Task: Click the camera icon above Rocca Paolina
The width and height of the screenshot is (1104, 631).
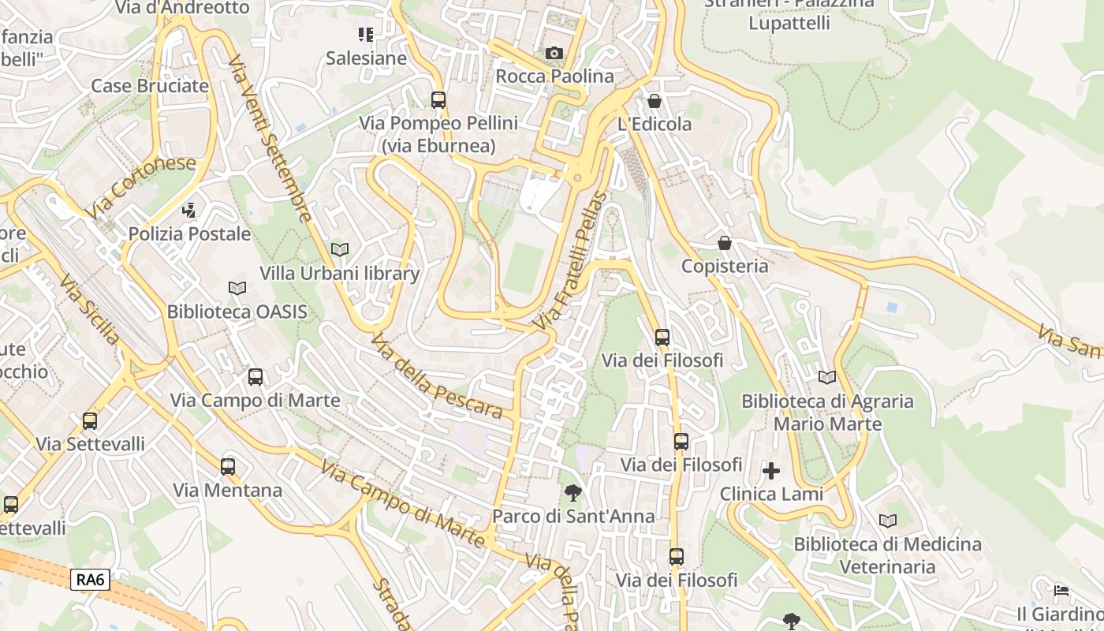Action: click(554, 53)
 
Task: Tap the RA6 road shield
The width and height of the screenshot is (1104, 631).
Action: click(90, 580)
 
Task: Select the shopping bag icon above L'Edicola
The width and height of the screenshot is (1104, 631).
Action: click(654, 101)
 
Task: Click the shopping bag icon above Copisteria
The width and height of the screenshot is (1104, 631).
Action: click(724, 243)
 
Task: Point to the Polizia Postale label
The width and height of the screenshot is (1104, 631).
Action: click(189, 233)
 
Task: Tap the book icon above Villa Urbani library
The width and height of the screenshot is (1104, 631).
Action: click(340, 249)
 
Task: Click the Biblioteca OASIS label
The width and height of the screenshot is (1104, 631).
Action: click(237, 312)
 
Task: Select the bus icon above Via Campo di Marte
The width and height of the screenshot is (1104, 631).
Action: click(255, 377)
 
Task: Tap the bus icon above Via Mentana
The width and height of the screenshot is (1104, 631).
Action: click(228, 467)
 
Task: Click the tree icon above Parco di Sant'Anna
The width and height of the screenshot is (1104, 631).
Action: click(573, 494)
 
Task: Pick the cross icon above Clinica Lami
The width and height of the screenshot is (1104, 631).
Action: click(771, 472)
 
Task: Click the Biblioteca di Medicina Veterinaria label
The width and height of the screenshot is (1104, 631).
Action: click(887, 555)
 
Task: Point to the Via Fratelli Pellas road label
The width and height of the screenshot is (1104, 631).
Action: click(569, 262)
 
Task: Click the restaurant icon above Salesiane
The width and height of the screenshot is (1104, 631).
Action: click(366, 34)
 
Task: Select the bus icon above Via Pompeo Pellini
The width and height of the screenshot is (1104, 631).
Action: click(438, 100)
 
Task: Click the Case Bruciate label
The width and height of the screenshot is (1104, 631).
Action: click(150, 86)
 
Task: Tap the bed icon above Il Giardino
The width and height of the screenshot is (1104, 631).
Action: click(1061, 591)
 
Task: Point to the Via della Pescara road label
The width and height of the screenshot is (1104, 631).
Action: click(436, 376)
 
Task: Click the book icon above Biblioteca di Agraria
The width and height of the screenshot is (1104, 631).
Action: click(827, 378)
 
